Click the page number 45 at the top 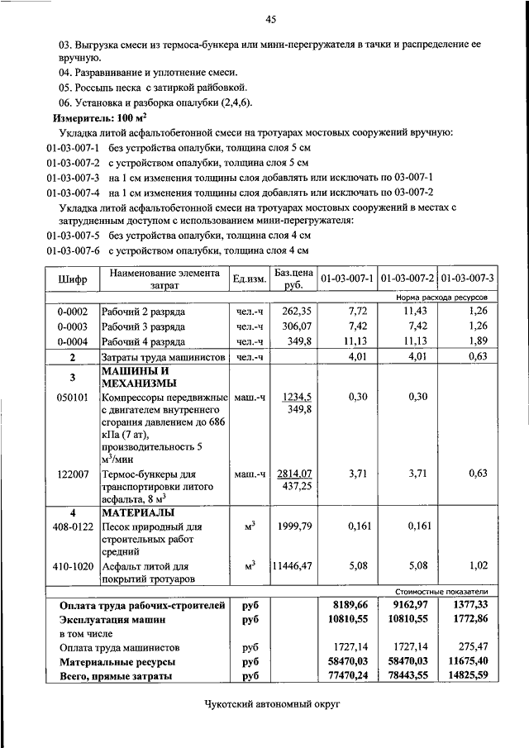pos(270,19)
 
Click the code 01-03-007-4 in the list pos(73,192)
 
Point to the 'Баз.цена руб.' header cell pos(293,279)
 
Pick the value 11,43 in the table pos(414,312)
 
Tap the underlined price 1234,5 pos(294,397)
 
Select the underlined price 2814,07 pos(293,474)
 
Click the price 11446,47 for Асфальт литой pos(293,567)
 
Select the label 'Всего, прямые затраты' pos(116,676)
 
